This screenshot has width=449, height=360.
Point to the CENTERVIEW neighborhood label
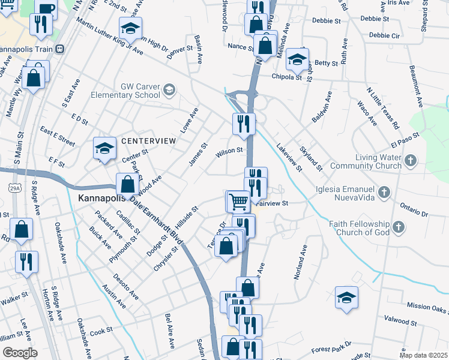(x=148, y=140)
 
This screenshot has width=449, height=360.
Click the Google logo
(x=20, y=352)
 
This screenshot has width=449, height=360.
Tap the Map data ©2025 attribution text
(x=423, y=355)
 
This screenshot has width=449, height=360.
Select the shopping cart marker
(x=239, y=201)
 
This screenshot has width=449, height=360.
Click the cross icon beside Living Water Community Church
(x=411, y=160)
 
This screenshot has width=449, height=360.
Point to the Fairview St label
(x=273, y=203)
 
